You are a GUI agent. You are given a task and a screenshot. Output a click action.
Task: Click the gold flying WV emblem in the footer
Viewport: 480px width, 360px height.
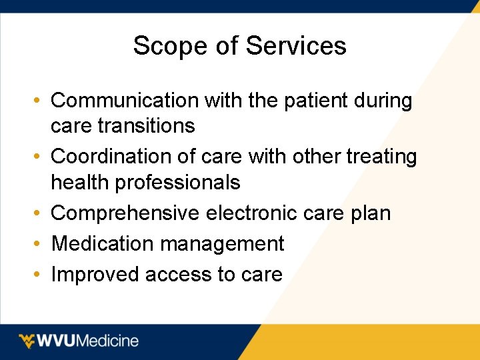pyautogui.click(x=28, y=341)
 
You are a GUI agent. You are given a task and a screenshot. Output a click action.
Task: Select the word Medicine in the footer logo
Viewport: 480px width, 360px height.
pyautogui.click(x=108, y=341)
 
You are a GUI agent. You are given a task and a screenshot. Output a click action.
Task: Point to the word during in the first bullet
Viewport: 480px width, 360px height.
pyautogui.click(x=383, y=101)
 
